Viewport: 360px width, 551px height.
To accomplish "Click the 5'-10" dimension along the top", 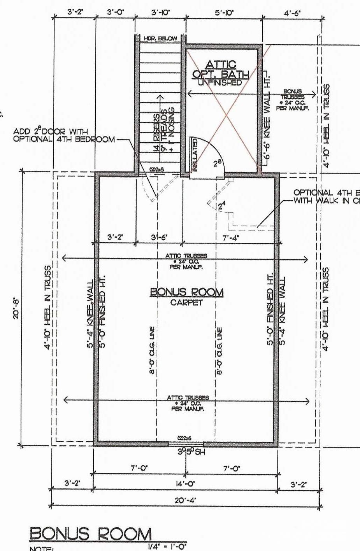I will point(224,12).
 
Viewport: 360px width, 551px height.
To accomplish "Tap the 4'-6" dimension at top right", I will point(292,12).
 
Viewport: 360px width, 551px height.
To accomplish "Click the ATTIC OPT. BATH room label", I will point(220,69).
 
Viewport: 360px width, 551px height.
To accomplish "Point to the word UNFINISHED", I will point(220,82).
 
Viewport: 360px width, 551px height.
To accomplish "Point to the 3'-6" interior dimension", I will point(159,237).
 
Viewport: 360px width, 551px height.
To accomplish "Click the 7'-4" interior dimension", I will point(230,237).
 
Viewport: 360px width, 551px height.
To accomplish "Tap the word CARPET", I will point(186,303).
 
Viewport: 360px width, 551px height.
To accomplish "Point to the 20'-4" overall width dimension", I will point(185,500).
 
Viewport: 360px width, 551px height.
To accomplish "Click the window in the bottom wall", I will point(186,444).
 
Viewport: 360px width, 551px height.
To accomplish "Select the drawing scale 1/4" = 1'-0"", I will point(165,546).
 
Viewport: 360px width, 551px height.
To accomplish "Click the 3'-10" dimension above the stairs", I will point(160,12).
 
